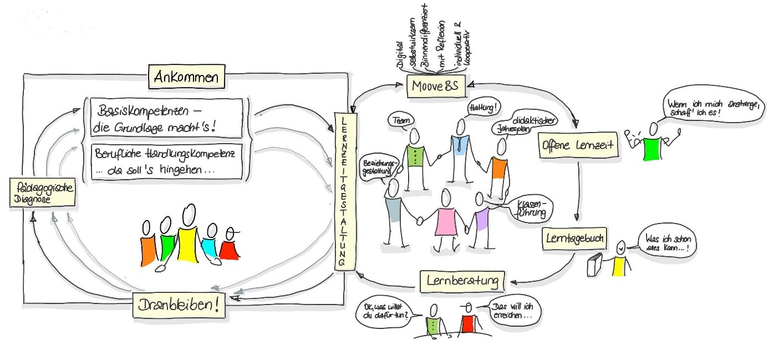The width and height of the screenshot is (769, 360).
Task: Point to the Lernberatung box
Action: [x=462, y=280]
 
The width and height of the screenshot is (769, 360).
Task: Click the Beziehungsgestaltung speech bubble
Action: [x=379, y=166]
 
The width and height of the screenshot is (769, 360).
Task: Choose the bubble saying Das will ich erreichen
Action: [x=514, y=311]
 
